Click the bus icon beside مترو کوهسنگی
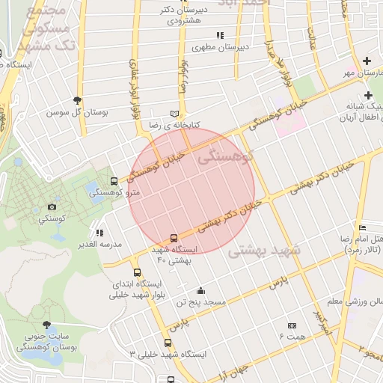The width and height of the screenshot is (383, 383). pyautogui.click(x=114, y=181)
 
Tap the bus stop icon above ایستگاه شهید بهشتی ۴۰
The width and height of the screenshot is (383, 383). pyautogui.click(x=174, y=238)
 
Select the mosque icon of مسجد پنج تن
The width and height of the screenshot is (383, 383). pyautogui.click(x=200, y=291)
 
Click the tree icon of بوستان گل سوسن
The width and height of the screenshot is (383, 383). pyautogui.click(x=77, y=100)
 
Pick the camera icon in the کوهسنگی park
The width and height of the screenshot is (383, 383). pyautogui.click(x=52, y=206)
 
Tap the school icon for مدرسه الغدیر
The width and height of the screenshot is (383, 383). pyautogui.click(x=99, y=233)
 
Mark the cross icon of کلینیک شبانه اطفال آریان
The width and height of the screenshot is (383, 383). pyautogui.click(x=368, y=95)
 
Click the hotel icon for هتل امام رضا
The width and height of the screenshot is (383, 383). pyautogui.click(x=363, y=227)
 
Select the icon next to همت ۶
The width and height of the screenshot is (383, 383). pyautogui.click(x=292, y=325)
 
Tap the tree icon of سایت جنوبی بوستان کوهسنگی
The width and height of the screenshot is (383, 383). pyautogui.click(x=46, y=325)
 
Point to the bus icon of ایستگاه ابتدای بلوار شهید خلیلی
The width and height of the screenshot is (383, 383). pyautogui.click(x=136, y=273)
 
